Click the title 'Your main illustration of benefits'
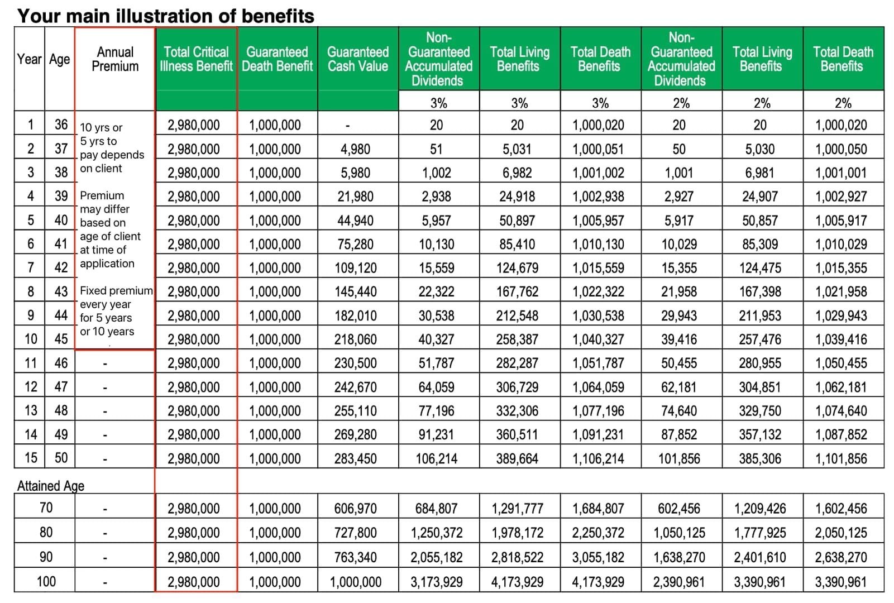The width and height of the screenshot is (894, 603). tap(166, 16)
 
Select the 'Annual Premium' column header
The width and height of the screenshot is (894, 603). tap(115, 59)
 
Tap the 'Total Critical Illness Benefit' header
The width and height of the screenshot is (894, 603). tap(196, 59)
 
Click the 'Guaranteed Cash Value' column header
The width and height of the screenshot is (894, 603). tap(357, 59)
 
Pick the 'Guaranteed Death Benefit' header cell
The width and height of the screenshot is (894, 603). tap(277, 59)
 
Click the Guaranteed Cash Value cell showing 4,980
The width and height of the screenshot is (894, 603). tap(355, 149)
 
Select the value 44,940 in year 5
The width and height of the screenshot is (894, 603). tap(355, 221)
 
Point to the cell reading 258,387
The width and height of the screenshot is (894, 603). tap(517, 339)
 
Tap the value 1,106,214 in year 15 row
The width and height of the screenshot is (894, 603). tap(598, 459)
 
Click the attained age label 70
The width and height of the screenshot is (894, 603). tap(46, 508)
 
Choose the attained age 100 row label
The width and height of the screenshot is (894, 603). tap(46, 582)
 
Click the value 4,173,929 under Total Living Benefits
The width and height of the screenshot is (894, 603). tap(517, 582)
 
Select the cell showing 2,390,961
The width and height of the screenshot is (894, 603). tap(679, 582)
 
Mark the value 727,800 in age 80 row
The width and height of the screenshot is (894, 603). tap(355, 533)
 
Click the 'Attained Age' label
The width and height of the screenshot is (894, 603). tap(50, 486)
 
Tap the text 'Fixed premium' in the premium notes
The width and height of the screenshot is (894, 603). tap(116, 291)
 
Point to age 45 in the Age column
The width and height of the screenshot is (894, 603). tap(61, 339)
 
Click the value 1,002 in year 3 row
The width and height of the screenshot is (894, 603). tap(436, 173)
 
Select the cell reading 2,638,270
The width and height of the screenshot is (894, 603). tap(841, 557)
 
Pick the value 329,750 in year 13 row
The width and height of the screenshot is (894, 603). tap(760, 411)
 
